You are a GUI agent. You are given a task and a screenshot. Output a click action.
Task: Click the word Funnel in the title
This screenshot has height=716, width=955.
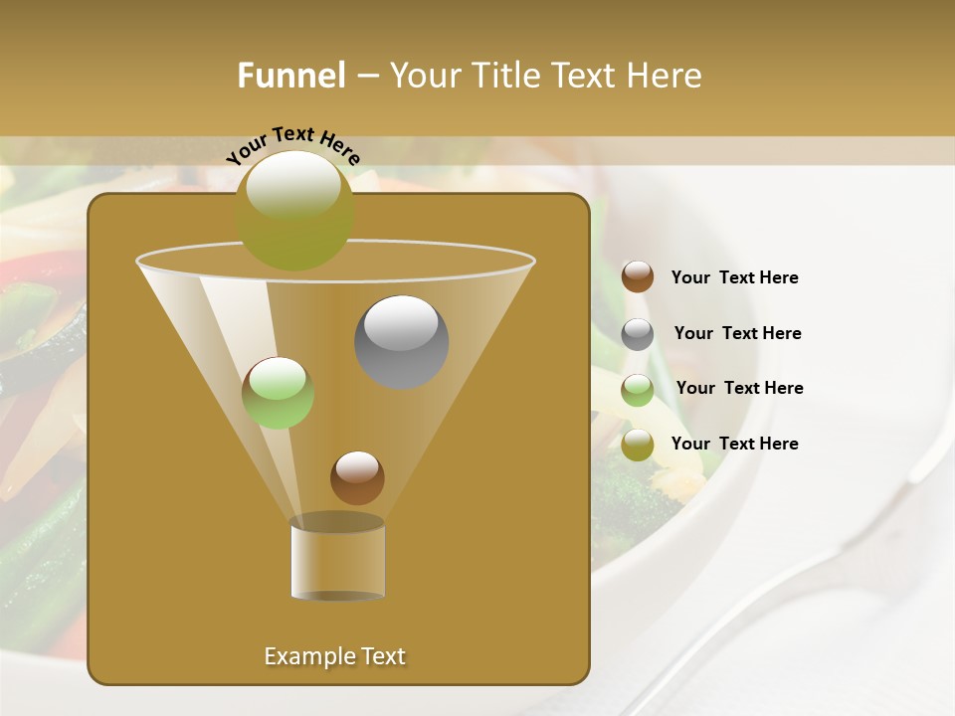(290, 76)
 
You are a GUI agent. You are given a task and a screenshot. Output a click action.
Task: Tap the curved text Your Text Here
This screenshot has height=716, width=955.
(292, 144)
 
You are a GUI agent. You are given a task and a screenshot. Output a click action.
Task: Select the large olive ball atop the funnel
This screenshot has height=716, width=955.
(294, 211)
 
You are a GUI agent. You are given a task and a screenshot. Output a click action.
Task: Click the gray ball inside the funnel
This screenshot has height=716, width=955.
(402, 342)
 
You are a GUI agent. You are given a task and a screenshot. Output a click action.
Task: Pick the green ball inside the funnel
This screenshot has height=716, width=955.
(278, 393)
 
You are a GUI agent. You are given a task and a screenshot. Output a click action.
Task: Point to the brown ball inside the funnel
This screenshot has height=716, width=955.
(357, 478)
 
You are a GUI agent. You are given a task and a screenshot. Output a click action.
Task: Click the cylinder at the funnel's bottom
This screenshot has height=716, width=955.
(337, 559)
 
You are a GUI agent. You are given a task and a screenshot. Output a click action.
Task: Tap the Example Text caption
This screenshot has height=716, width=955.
(334, 656)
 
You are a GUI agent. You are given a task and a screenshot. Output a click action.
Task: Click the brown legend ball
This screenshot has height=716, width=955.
(638, 277)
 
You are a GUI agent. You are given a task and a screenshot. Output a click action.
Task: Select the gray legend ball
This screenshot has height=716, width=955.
(638, 334)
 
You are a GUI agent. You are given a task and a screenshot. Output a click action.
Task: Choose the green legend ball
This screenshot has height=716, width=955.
(638, 389)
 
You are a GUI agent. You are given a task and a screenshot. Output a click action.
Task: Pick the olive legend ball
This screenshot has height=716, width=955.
(638, 445)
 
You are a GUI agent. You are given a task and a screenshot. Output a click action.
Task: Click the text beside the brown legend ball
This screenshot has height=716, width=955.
(734, 278)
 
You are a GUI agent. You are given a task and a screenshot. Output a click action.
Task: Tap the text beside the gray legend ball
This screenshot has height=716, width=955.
(737, 334)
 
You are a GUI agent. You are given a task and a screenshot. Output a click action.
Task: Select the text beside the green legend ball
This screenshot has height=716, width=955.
(739, 389)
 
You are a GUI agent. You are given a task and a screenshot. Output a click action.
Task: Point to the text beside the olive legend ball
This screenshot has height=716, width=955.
(734, 445)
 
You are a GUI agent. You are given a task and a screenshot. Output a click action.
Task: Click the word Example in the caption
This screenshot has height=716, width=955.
(303, 656)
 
